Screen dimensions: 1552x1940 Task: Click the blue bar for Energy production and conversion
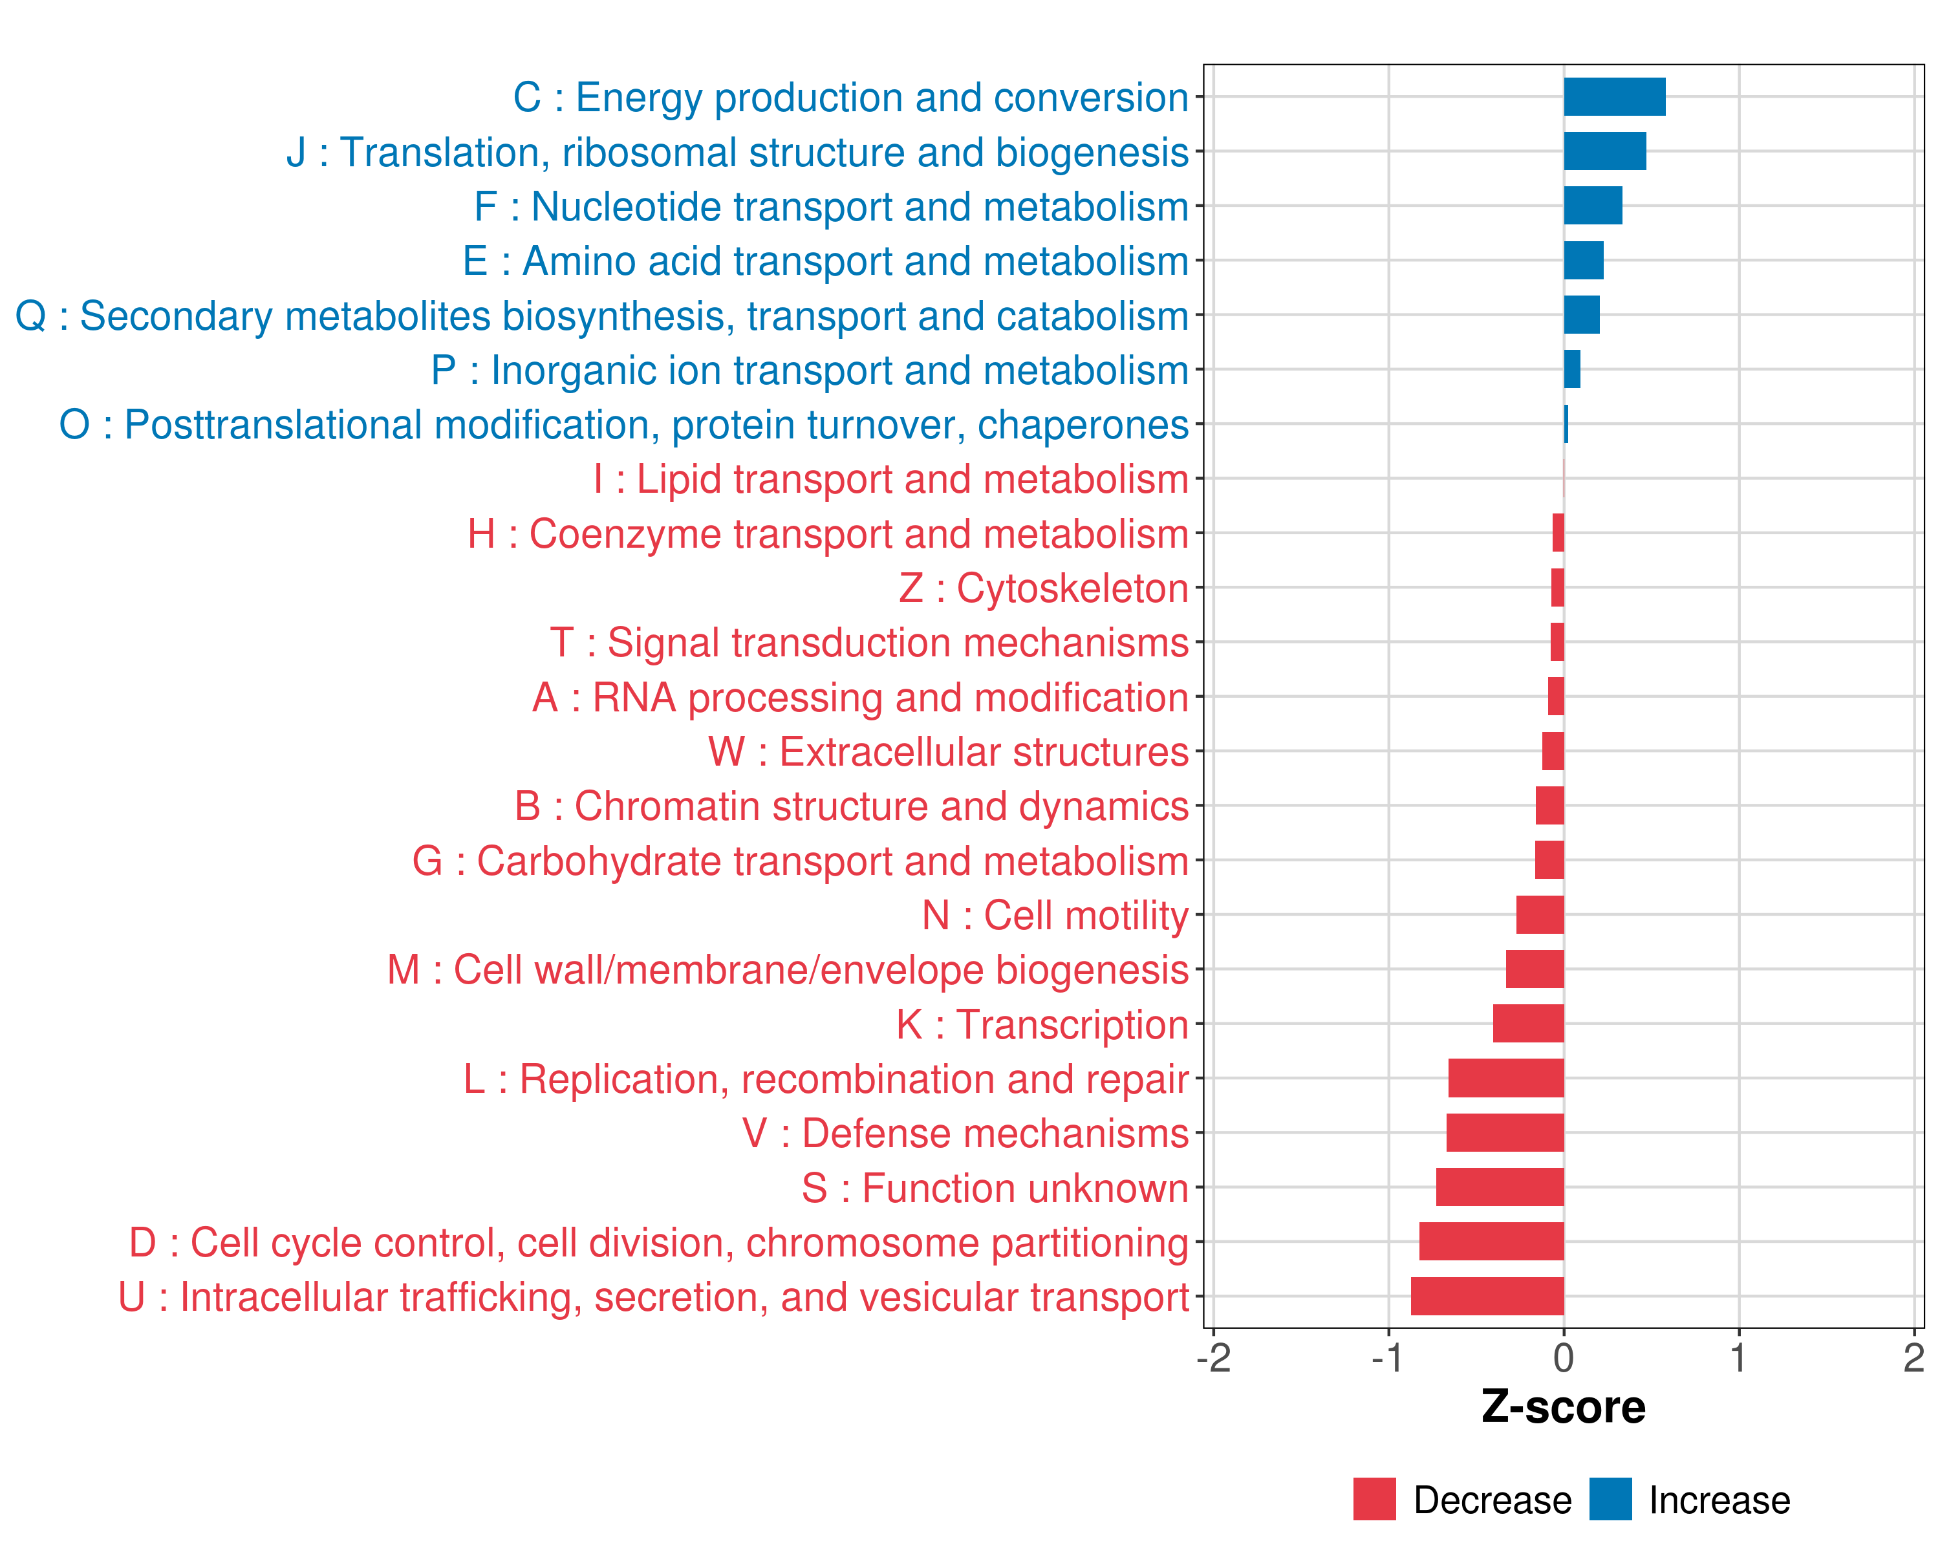click(x=1614, y=97)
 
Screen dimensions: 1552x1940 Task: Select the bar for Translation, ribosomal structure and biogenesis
click(x=1604, y=151)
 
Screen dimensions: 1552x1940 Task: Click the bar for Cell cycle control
click(x=1491, y=1242)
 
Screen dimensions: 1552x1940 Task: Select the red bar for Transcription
click(x=1528, y=1024)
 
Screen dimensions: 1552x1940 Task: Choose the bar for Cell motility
click(x=1540, y=915)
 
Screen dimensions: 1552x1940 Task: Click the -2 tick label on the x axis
click(x=1213, y=1357)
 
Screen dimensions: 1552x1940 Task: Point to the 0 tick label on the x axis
click(x=1564, y=1357)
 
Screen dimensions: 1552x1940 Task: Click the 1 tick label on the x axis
click(x=1738, y=1357)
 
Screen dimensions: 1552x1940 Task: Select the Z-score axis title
click(x=1563, y=1407)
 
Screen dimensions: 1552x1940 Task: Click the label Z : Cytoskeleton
click(x=1044, y=588)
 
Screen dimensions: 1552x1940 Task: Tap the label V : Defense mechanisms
click(x=965, y=1134)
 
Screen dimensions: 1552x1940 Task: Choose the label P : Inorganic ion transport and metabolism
click(x=810, y=371)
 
